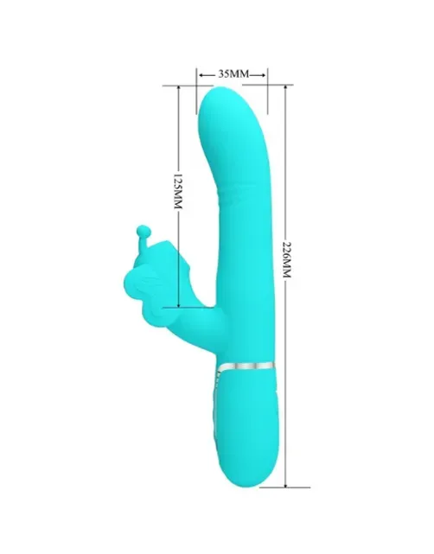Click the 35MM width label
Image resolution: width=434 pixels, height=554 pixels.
coord(233,73)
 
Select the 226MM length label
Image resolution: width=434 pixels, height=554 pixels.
coord(286,259)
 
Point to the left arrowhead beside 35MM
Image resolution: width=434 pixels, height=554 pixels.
coord(202,75)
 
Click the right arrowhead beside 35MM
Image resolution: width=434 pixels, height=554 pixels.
coord(262,75)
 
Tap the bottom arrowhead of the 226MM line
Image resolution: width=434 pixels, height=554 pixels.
coord(285,484)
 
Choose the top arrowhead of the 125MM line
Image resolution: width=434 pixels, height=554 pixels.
coord(179,89)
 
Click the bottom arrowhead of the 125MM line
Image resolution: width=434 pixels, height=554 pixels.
coord(179,304)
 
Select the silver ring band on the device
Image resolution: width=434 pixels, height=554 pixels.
coord(246,366)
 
